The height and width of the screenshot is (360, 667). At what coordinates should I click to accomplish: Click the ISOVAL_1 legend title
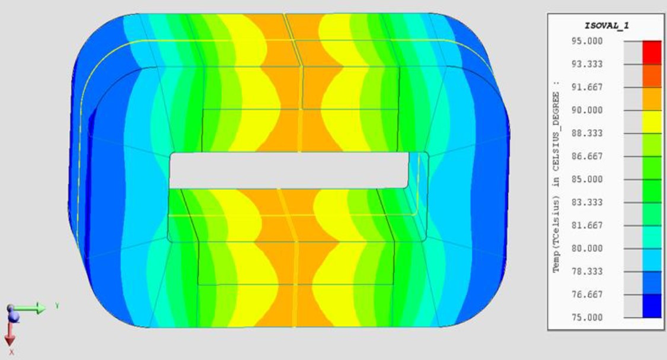[607, 26]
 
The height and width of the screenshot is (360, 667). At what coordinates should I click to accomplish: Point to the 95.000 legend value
[587, 41]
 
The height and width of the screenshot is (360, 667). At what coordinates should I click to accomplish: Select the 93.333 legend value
[587, 64]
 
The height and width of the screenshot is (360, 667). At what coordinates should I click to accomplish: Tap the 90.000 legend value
[587, 110]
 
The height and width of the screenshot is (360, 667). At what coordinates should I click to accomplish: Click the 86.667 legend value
[587, 156]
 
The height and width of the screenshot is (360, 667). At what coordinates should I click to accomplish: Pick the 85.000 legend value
[587, 179]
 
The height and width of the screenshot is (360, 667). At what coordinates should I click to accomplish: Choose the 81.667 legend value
[587, 225]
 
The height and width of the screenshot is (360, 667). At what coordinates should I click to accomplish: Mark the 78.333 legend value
[587, 271]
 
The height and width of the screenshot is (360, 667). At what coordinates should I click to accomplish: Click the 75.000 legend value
[587, 317]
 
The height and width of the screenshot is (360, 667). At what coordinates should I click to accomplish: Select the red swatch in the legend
[652, 52]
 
